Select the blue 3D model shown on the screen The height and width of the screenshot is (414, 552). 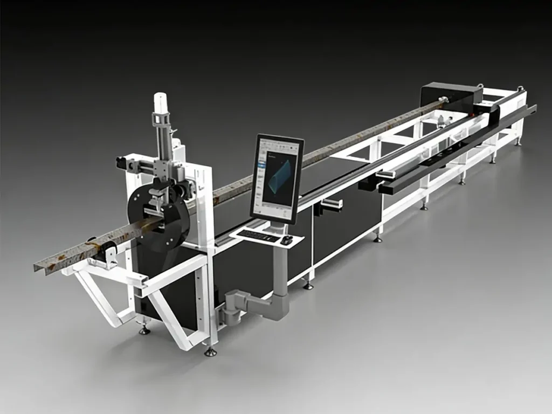coord(280,176)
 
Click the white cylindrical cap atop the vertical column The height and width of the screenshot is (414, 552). coord(160,102)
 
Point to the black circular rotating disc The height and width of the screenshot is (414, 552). coord(156,216)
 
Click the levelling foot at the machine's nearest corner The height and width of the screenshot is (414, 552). coord(210,351)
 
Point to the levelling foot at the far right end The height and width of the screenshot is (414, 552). coord(518,141)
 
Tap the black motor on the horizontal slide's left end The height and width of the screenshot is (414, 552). coord(121,163)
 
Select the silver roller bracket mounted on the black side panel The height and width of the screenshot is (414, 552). coord(332,204)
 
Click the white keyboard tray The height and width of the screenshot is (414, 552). coord(266,237)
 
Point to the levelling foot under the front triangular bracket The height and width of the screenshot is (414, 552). coord(144,329)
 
